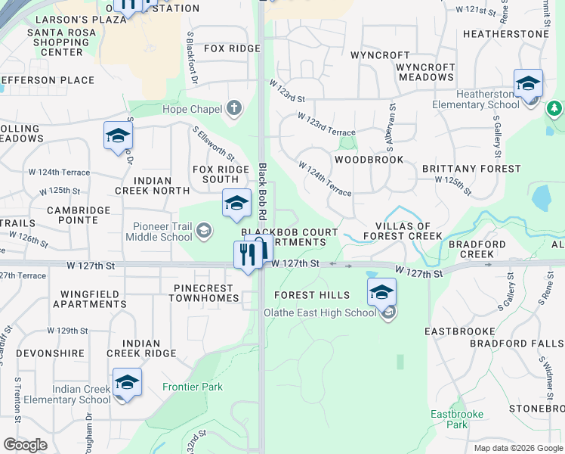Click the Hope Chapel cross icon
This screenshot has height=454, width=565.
click(233, 108)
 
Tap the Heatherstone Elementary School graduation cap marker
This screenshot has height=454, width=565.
click(528, 83)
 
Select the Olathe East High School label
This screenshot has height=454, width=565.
click(319, 313)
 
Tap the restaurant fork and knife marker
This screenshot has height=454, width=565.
click(247, 255)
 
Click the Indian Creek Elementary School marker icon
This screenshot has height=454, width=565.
click(127, 382)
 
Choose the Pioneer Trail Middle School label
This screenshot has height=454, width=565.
click(162, 232)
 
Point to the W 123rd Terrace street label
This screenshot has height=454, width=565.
click(326, 125)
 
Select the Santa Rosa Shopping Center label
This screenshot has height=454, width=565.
click(62, 42)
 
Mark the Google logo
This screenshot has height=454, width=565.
click(25, 445)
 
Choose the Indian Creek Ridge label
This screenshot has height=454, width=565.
click(142, 348)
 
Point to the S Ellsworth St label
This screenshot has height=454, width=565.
click(214, 144)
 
